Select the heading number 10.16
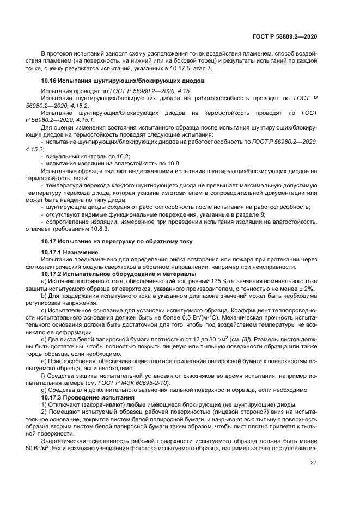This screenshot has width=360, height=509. (50, 81)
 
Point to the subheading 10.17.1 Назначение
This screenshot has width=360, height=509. (70, 253)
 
